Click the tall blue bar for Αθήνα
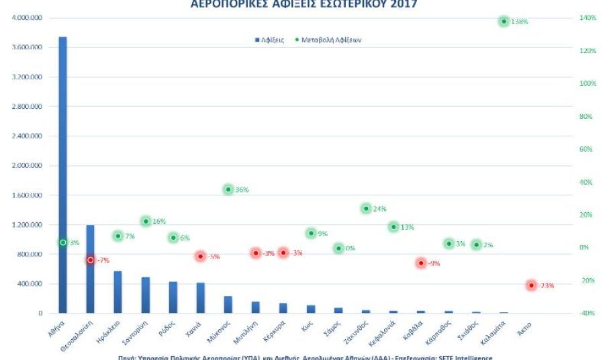point(62,175)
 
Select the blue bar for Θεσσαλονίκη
point(90,269)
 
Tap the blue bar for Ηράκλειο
point(118,292)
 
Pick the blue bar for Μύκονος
point(228,304)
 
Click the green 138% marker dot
point(504,21)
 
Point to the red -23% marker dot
point(531,285)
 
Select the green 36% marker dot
point(228,189)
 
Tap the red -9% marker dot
point(421,263)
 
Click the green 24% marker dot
point(366,209)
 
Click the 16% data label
point(158,222)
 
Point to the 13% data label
point(407,227)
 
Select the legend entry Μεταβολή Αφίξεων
point(333,40)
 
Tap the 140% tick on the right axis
point(588,18)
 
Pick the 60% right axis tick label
point(586,149)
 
